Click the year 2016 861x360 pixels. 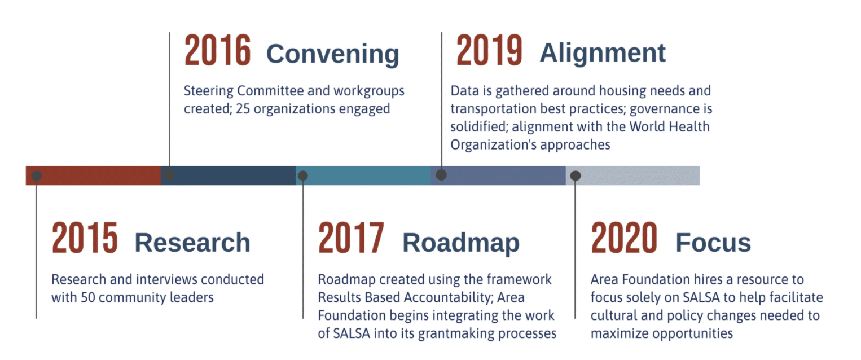218,50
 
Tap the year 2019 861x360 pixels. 489,50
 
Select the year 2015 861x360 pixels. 85,238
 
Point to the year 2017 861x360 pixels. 351,238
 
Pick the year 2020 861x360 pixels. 624,238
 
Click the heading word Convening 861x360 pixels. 333,54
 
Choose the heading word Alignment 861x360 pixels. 603,53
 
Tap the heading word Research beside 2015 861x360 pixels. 192,243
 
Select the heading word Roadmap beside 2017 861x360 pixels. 461,243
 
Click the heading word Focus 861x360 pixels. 713,243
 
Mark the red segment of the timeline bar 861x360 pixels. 94,175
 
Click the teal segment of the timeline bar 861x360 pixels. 363,175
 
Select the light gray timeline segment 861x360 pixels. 632,175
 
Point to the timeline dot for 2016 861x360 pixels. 169,175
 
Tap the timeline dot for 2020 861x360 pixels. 576,175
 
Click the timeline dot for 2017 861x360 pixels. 303,175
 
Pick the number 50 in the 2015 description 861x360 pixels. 87,297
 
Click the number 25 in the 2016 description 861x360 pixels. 243,109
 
